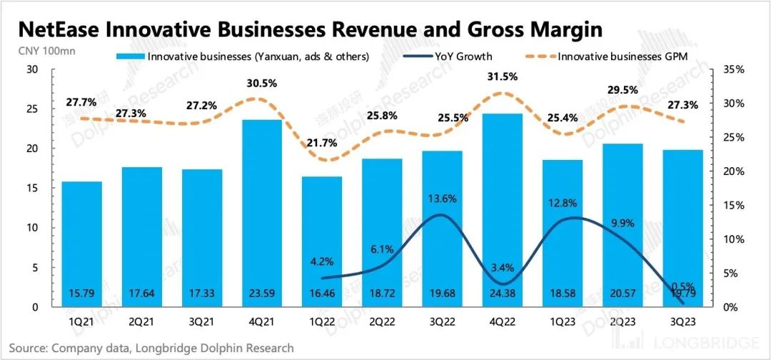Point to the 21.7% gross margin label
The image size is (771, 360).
pyautogui.click(x=321, y=143)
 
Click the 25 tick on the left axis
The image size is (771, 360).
pyautogui.click(x=31, y=109)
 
